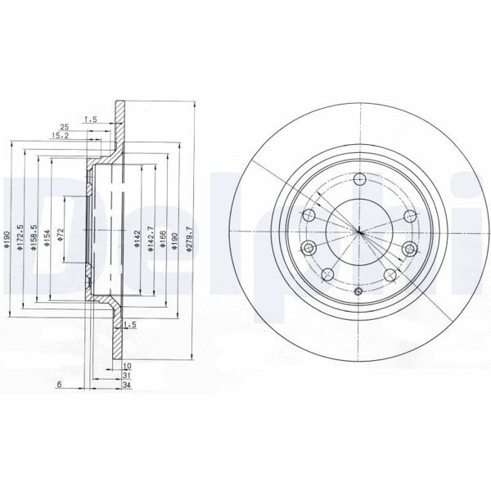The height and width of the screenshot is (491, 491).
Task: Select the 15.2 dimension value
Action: click(58, 135)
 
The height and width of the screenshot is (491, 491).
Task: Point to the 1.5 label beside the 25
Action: click(91, 119)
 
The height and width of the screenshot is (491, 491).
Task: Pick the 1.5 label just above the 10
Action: click(128, 326)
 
